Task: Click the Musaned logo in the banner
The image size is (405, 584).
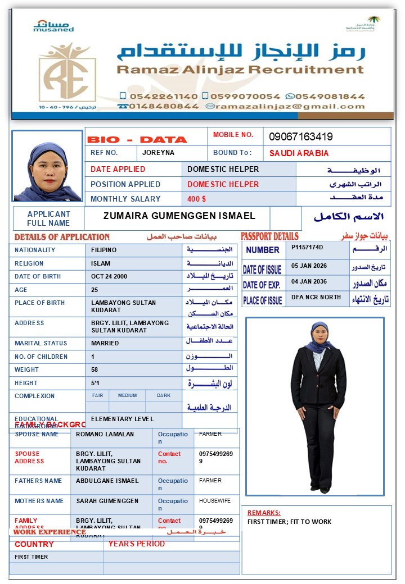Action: pyautogui.click(x=53, y=26)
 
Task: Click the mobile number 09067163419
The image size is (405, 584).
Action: pyautogui.click(x=300, y=136)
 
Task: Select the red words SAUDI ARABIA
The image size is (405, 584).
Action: pyautogui.click(x=299, y=153)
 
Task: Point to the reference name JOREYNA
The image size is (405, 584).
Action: pyautogui.click(x=158, y=153)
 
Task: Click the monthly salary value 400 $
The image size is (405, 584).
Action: pyautogui.click(x=196, y=199)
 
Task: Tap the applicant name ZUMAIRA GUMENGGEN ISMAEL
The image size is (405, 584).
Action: pyautogui.click(x=179, y=216)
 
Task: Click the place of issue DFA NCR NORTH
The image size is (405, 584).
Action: pyautogui.click(x=316, y=297)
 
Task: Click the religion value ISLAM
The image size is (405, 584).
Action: pyautogui.click(x=101, y=263)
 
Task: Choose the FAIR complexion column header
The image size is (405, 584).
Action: pyautogui.click(x=97, y=395)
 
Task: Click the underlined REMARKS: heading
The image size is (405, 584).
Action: pyautogui.click(x=263, y=513)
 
